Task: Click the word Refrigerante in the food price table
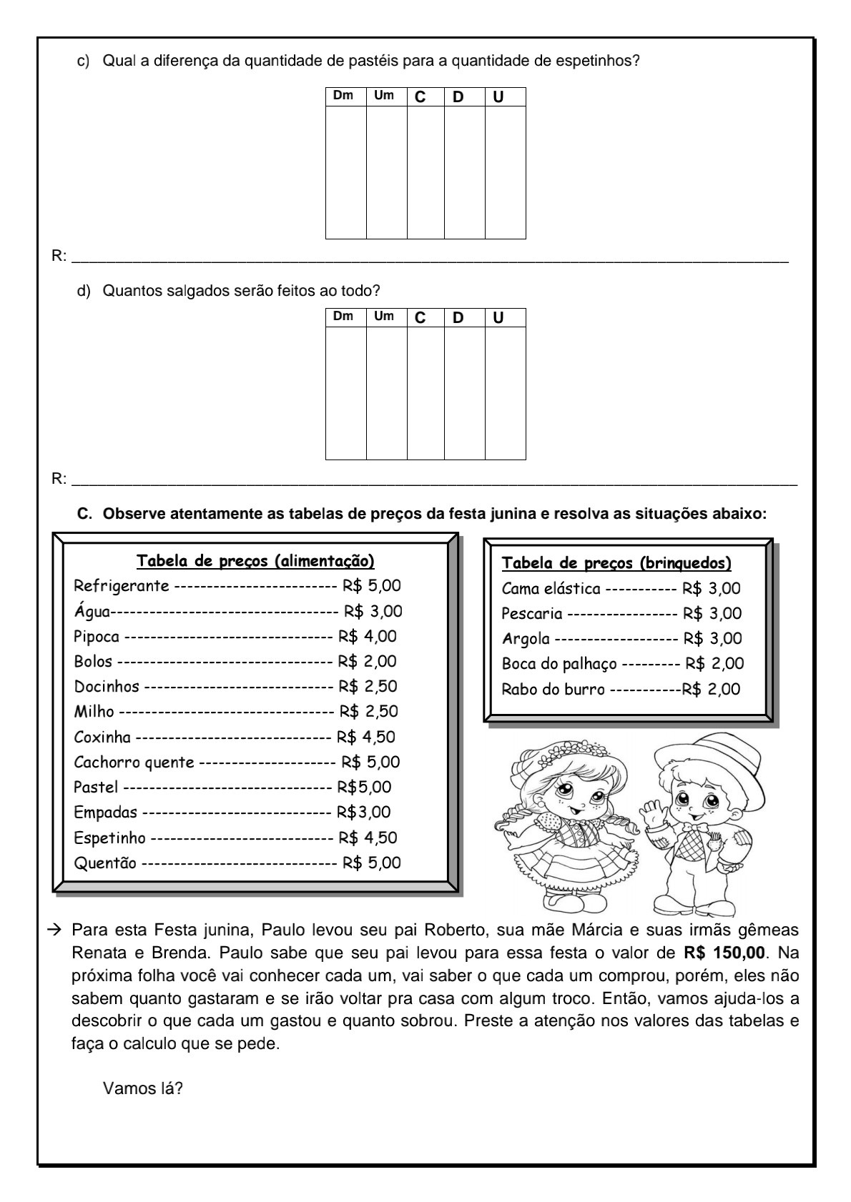[x=122, y=586]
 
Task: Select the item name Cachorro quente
[x=134, y=763]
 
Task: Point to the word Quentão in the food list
[x=105, y=863]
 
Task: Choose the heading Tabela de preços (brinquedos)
[x=616, y=563]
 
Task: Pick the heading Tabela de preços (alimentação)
[x=255, y=561]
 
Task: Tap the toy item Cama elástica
[x=551, y=589]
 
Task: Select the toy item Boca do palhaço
[x=559, y=664]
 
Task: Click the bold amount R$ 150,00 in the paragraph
[x=724, y=953]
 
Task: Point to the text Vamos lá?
[x=143, y=1089]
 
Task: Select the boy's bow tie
[x=697, y=828]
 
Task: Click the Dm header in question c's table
[x=344, y=96]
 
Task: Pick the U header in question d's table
[x=498, y=318]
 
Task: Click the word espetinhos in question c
[x=600, y=61]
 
